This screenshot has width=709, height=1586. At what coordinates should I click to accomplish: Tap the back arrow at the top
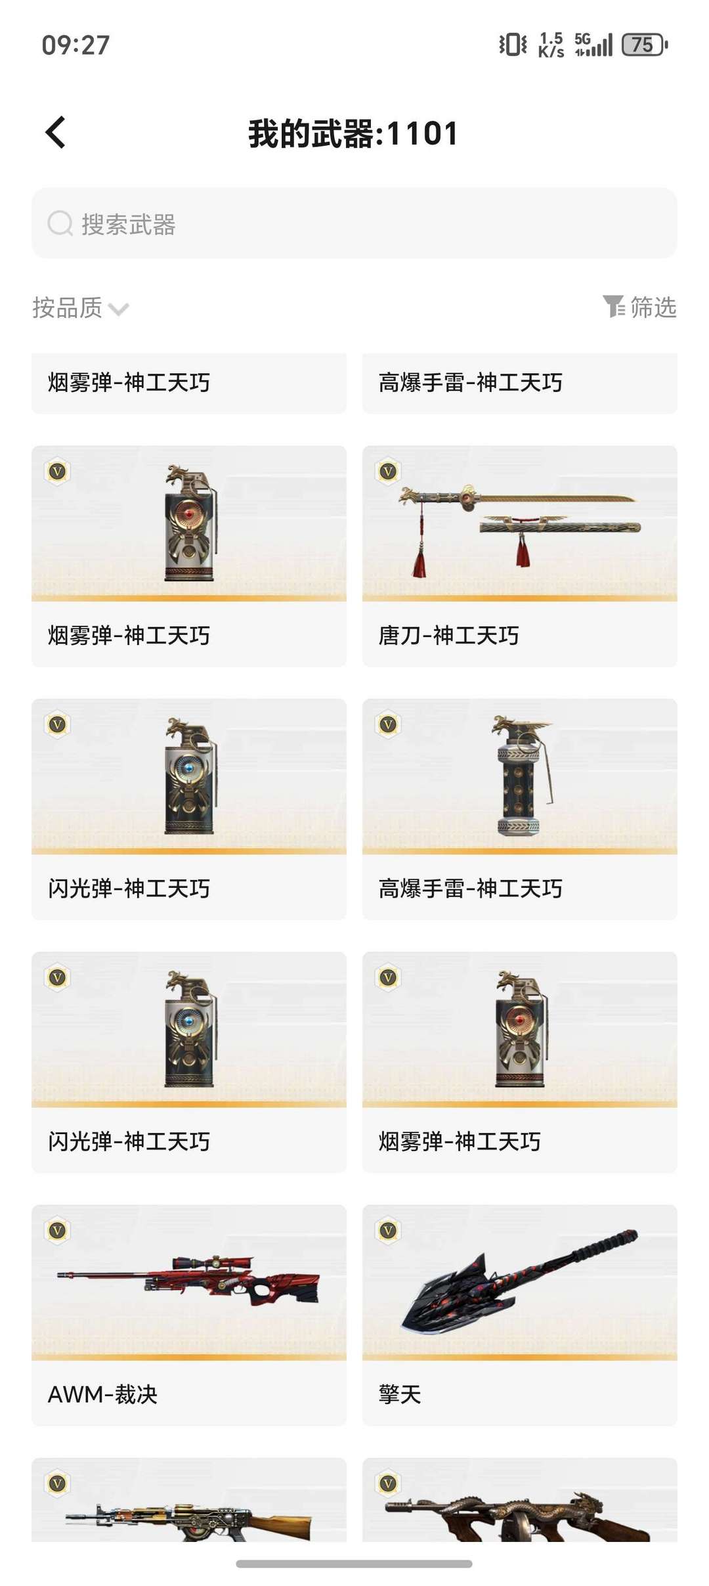56,133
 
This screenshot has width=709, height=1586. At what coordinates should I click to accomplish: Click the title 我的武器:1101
353,134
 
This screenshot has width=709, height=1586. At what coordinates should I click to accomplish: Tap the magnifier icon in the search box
60,223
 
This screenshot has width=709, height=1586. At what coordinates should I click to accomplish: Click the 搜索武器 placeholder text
129,225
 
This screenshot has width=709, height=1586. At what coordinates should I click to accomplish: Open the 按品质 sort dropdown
80,307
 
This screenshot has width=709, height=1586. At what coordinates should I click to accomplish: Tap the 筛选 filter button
639,307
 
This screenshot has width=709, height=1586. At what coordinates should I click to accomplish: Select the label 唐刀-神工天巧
449,636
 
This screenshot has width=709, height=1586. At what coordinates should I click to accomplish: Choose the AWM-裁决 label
102,1394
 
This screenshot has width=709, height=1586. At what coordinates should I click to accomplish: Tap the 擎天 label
400,1394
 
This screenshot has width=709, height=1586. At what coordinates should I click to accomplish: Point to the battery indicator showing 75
644,45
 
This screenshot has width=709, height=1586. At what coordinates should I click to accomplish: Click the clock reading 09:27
75,45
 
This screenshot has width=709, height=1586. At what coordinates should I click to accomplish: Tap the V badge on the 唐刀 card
388,471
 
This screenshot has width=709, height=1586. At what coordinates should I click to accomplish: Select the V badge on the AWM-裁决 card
57,1230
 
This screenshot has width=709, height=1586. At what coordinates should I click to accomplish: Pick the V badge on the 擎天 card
388,1230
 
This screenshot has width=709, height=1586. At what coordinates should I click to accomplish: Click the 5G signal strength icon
593,45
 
